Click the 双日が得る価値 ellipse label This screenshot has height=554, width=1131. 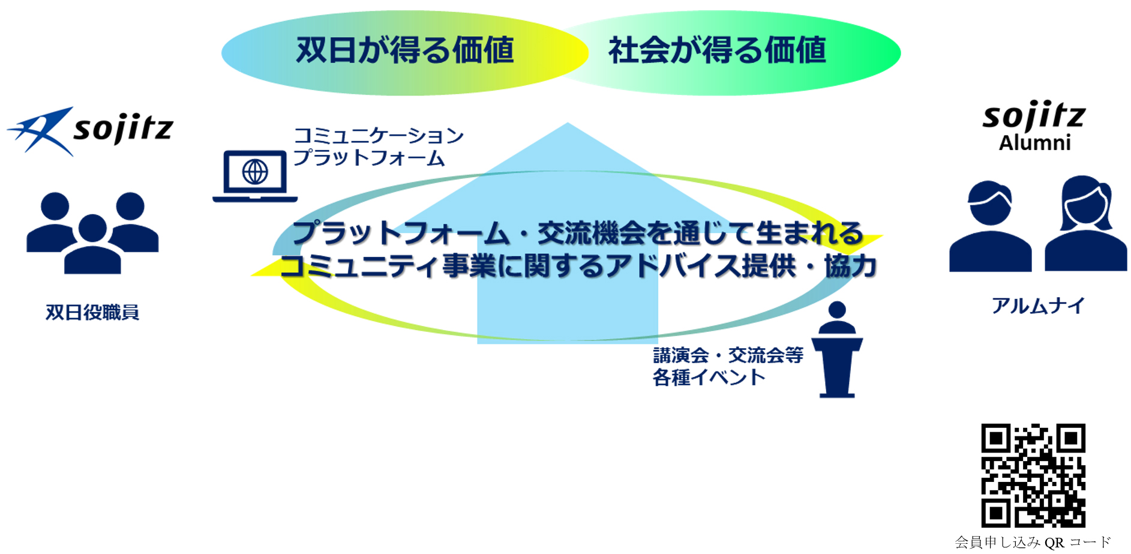pos(405,50)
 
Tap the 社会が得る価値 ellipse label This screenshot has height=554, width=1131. pos(717,50)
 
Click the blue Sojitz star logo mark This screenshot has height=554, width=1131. pos(41,131)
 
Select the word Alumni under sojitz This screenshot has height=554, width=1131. pos(1034,143)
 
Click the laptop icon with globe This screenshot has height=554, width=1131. pos(255,176)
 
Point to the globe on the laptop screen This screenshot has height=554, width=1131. pos(255,172)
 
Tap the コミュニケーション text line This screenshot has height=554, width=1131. pos(379,136)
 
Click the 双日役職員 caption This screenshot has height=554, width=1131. pos(92,312)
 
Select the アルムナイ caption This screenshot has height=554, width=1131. pos(1038,306)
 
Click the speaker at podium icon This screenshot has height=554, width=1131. pos(837,349)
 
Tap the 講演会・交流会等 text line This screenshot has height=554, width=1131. pos(728,355)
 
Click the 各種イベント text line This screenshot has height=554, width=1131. pos(709,378)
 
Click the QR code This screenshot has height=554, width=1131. pos(1033,475)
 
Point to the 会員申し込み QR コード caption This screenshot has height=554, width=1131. pos(1033,543)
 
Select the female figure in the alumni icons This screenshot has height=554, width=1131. pos(1086,223)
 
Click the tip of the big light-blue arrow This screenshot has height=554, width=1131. pos(568,123)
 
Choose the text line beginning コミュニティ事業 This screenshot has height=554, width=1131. pos(578,266)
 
